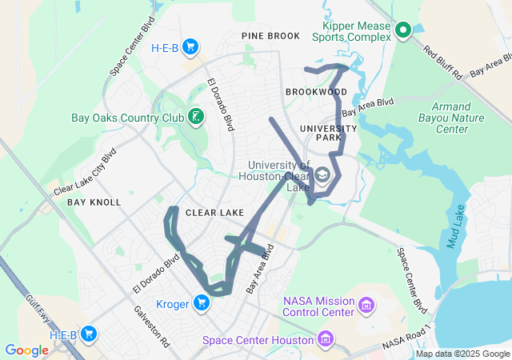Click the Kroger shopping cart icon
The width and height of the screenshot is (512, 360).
(202, 302)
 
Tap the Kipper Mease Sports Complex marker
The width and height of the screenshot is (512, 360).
(403, 31)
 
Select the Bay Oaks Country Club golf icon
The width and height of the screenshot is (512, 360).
(195, 118)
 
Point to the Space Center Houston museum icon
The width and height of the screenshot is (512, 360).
(326, 340)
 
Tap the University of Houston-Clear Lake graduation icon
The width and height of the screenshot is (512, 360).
(322, 174)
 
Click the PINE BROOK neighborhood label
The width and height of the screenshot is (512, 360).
(270, 36)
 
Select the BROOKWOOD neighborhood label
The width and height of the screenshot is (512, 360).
(316, 92)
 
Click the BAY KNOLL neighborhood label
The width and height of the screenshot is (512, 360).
(94, 202)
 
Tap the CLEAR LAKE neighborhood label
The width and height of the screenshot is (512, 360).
(214, 213)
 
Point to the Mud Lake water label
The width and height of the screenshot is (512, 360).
(454, 228)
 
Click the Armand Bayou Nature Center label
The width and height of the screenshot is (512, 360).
(461, 118)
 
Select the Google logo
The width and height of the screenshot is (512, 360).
(26, 350)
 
